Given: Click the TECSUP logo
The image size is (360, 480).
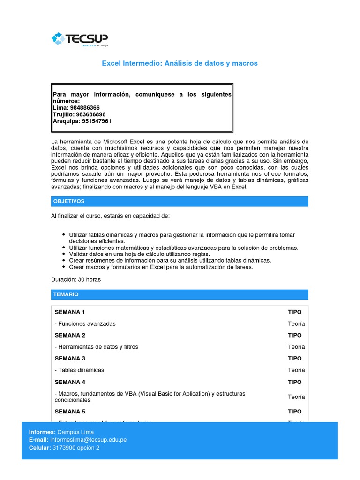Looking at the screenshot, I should [x=80, y=39].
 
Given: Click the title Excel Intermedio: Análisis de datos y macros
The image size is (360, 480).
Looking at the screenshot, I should [x=180, y=63].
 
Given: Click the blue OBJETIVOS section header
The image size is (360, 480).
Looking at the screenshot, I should [x=180, y=201].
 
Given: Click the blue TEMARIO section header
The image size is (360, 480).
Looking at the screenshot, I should [x=180, y=294].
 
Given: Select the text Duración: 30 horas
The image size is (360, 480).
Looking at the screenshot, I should [x=75, y=279].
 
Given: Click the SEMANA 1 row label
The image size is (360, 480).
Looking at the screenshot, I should [x=70, y=312].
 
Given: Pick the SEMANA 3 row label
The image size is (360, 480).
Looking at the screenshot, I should [x=70, y=359].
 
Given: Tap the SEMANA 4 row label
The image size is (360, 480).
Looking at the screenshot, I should [x=70, y=382].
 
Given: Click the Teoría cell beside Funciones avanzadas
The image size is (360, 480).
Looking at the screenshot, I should [x=296, y=324].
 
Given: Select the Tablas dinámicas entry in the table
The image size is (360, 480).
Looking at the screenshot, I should [x=79, y=370].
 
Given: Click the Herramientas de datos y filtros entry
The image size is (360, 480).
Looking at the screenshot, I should [x=96, y=347].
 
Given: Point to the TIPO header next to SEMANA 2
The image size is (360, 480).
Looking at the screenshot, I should [x=294, y=336].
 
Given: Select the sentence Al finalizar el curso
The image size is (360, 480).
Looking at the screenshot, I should [x=110, y=216].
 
